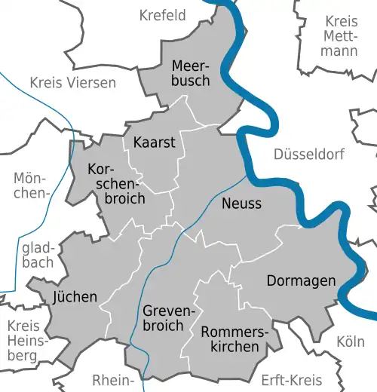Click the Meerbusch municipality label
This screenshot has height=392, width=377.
[x=190, y=72]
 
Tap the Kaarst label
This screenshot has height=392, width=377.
[x=154, y=142]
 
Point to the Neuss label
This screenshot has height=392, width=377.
[x=241, y=204]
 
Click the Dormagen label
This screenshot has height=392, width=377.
[x=302, y=281]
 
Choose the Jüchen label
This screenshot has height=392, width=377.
[x=75, y=296]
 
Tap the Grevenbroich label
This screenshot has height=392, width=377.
[x=163, y=318]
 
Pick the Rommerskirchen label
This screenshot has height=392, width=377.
[x=230, y=338]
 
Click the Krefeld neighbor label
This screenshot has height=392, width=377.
[x=162, y=15]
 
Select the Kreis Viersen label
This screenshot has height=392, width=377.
[x=73, y=82]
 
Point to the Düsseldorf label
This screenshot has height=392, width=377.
[x=309, y=155]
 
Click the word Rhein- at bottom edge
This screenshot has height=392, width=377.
[x=113, y=379]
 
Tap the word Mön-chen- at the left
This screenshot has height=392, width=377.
[x=30, y=185]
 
